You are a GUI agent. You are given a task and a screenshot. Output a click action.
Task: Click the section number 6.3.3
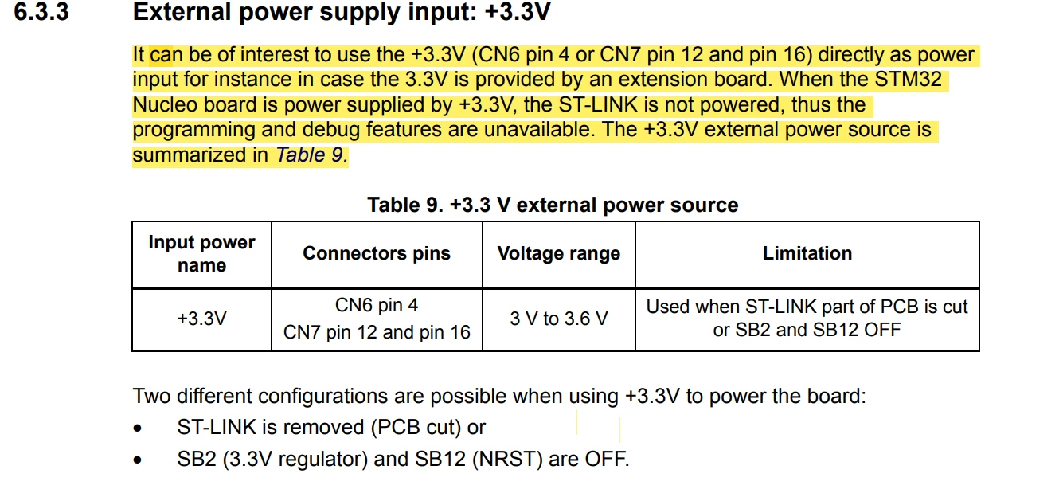click(x=41, y=11)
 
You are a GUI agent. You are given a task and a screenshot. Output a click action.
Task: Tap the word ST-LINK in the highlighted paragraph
click(x=597, y=104)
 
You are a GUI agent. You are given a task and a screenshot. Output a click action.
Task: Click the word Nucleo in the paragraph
click(x=165, y=104)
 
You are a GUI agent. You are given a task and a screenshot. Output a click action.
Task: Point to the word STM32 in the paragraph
click(x=908, y=79)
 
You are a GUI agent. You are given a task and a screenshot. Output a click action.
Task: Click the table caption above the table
click(x=553, y=205)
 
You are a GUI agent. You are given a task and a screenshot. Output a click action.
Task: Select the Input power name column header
click(x=201, y=253)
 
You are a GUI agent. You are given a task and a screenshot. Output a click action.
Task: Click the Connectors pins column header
click(x=377, y=253)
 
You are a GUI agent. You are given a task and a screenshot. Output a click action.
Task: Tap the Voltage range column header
click(x=558, y=253)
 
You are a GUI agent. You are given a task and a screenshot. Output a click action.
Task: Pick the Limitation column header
click(x=807, y=253)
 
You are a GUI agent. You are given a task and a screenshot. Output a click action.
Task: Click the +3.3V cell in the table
click(x=201, y=319)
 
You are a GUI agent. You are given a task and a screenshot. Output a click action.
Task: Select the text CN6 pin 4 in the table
click(x=377, y=305)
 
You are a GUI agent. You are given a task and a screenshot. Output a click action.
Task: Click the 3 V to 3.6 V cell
click(x=558, y=319)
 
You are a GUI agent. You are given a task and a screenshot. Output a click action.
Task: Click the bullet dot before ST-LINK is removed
click(x=138, y=429)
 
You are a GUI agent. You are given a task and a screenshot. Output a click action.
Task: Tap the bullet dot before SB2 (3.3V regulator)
click(x=138, y=460)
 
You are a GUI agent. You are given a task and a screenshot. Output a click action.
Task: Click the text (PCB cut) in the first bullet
click(x=416, y=427)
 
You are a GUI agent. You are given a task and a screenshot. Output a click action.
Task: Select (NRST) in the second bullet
click(x=507, y=459)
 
